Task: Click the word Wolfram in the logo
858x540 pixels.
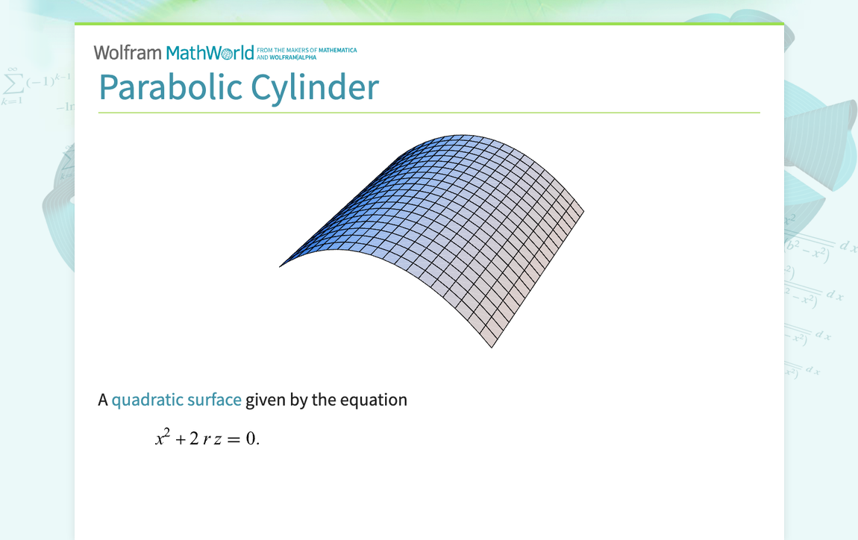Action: tap(127, 53)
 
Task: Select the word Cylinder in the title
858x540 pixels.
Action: tap(315, 87)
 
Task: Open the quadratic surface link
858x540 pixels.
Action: tap(176, 400)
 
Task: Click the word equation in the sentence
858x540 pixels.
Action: tap(373, 400)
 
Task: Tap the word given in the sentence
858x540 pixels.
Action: tap(266, 401)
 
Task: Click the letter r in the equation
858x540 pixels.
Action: tap(206, 439)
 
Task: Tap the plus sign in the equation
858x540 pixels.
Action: tap(180, 439)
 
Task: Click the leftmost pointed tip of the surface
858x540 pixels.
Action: tap(281, 266)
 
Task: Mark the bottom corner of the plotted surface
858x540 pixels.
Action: tap(491, 348)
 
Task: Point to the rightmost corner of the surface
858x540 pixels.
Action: tap(583, 210)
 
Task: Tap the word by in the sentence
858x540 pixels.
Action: tap(298, 401)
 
